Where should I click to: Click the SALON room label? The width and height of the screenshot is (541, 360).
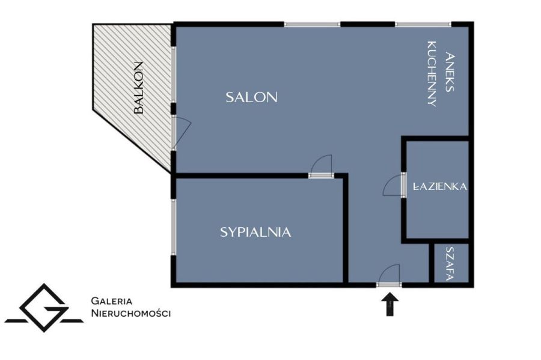tap(251, 97)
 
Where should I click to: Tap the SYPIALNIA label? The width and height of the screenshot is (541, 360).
tap(255, 233)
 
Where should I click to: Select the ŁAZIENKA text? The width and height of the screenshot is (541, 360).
tap(440, 186)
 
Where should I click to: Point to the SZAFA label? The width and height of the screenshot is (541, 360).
tap(449, 264)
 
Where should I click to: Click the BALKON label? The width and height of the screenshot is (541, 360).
tap(138, 88)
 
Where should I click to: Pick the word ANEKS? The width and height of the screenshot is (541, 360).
tap(449, 72)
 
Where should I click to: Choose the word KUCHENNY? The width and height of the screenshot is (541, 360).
tap(432, 74)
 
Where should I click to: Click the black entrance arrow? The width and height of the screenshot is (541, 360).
tap(390, 304)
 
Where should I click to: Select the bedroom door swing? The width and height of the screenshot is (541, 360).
tap(321, 165)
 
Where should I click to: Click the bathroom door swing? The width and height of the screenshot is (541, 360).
tap(393, 186)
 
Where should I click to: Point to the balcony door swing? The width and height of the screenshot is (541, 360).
tap(182, 132)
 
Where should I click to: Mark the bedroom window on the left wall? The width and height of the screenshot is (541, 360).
tap(174, 227)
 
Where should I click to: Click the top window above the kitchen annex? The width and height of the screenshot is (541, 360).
tap(423, 24)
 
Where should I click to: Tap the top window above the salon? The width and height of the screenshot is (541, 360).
tap(312, 24)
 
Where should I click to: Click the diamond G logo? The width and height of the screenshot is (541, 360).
tap(44, 308)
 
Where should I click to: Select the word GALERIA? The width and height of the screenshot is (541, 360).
tap(111, 301)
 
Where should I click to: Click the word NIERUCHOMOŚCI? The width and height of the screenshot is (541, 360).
tap(131, 313)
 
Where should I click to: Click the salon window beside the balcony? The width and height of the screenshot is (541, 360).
tap(174, 74)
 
